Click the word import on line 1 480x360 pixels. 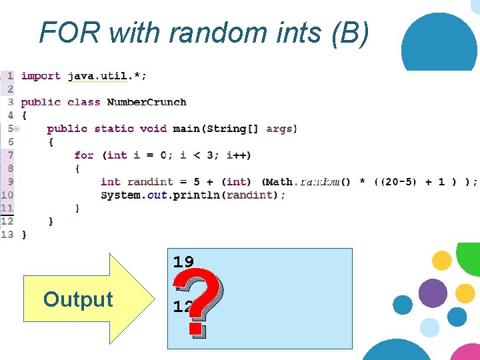click(x=41, y=76)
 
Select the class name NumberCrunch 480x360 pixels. click(x=147, y=102)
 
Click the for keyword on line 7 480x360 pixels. click(x=84, y=155)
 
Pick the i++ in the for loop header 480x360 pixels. click(x=239, y=155)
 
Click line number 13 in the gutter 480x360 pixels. click(x=7, y=234)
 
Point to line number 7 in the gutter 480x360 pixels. click(x=10, y=155)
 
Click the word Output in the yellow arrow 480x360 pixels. click(x=78, y=299)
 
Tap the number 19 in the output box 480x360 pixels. click(x=183, y=261)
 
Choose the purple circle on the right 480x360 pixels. click(x=433, y=293)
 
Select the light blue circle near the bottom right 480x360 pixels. click(x=430, y=327)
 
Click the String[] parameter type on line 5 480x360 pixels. click(x=235, y=129)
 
